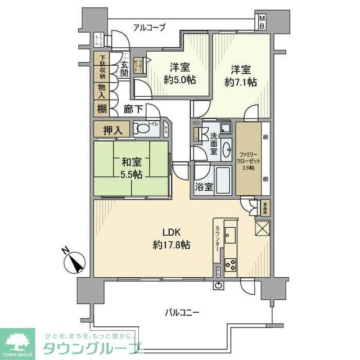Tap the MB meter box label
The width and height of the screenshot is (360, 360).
262,22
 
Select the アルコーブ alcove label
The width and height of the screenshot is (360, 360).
149,26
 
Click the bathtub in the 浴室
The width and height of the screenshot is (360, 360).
224,180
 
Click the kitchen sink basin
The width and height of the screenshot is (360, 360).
231,233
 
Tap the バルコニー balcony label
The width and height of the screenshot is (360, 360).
183,312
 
